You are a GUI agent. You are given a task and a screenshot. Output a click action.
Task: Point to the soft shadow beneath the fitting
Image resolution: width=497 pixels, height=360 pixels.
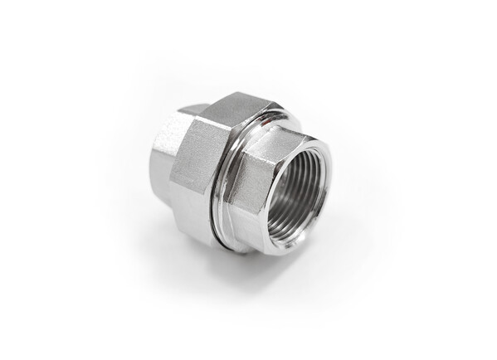pyautogui.click(x=274, y=270)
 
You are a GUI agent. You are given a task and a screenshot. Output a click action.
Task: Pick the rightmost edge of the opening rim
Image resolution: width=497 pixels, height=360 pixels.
pyautogui.click(x=329, y=187)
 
